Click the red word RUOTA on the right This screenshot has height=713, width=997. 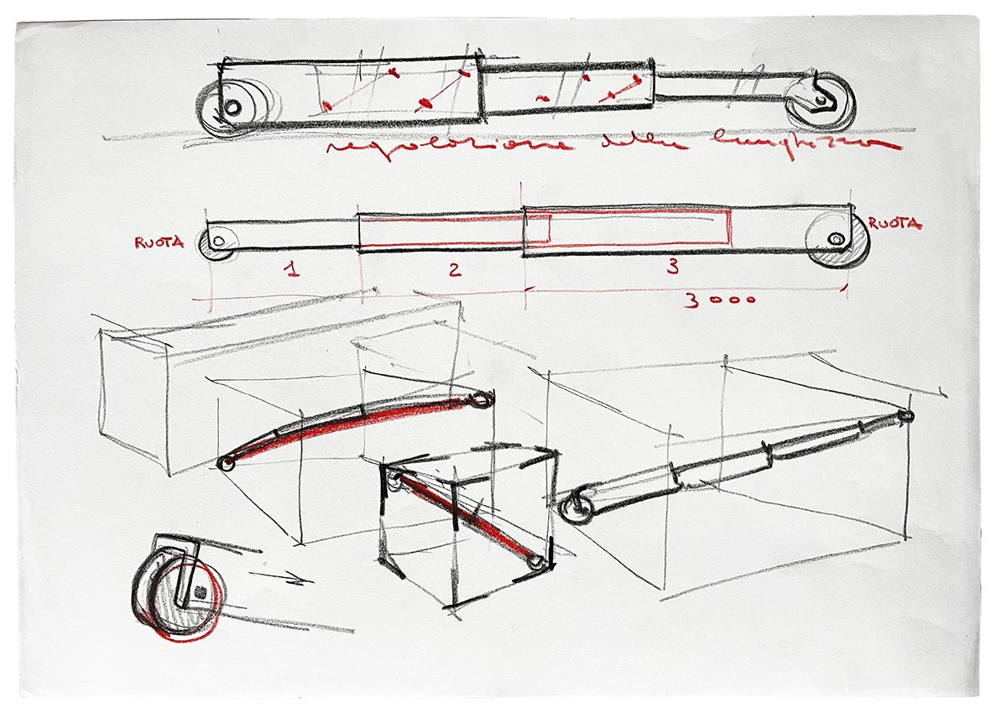pos(895,224)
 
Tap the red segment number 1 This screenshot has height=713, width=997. pos(291,270)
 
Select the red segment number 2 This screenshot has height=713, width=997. pos(454,270)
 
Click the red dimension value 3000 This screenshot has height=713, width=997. pos(720,300)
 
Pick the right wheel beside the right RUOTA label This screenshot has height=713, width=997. pos(837,242)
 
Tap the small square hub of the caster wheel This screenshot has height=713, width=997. pos(201,592)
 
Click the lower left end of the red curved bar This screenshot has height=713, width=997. pos(226,463)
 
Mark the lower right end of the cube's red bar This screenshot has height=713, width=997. pos(536,559)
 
